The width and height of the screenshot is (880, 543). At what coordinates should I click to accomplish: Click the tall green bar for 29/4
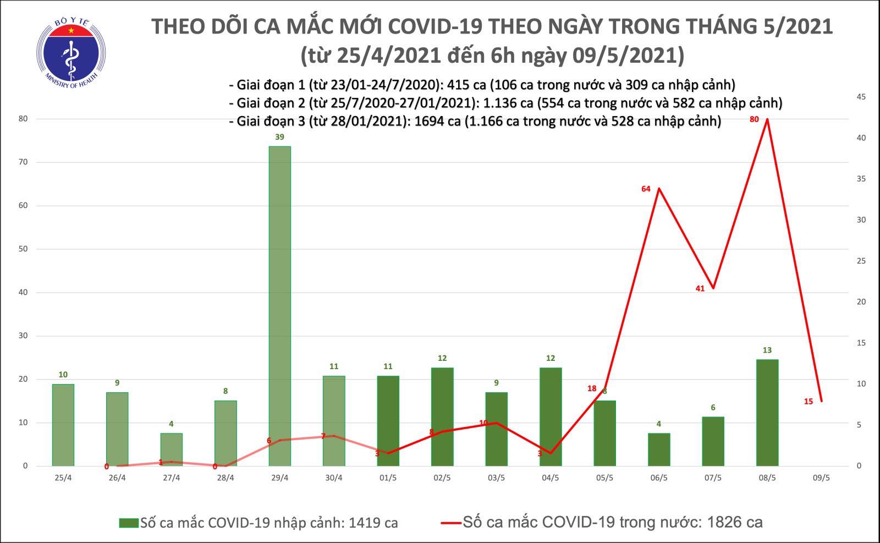click(x=279, y=306)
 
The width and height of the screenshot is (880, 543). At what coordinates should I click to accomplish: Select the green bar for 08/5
click(x=767, y=413)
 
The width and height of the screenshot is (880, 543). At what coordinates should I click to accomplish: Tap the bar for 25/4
click(x=63, y=425)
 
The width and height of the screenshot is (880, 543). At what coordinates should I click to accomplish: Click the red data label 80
click(x=754, y=119)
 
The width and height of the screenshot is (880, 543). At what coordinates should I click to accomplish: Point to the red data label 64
click(x=646, y=189)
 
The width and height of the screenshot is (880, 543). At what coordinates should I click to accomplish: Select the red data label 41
click(x=700, y=288)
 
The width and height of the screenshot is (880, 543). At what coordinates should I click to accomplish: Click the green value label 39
click(x=279, y=137)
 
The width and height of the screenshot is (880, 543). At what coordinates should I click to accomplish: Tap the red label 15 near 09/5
click(x=809, y=402)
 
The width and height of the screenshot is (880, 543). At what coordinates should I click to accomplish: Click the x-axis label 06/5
click(x=659, y=478)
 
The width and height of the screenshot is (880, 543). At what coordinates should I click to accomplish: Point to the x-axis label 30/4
click(x=334, y=478)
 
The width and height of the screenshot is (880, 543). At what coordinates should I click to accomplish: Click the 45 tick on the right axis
click(x=862, y=97)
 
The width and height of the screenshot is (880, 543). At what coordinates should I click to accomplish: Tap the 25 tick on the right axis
click(x=862, y=261)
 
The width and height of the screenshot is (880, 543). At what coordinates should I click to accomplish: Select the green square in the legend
click(x=129, y=523)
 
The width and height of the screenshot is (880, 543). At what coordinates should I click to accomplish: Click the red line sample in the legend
click(x=450, y=522)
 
